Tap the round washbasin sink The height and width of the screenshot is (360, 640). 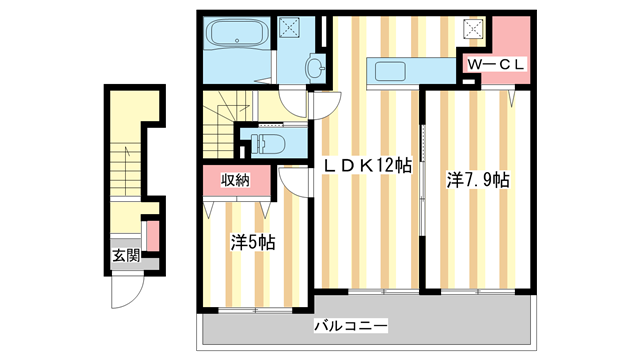314,68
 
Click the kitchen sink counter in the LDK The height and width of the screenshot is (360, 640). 411,71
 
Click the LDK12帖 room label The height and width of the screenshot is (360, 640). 367,166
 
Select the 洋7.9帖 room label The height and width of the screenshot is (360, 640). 477,180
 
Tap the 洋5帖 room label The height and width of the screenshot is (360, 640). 254,241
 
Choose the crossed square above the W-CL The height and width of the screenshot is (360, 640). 472,30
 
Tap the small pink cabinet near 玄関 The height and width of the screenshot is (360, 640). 153,236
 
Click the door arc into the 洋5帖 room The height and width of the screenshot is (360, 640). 294,180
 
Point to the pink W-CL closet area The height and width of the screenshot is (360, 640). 506,45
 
